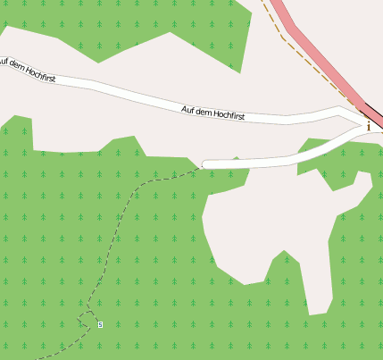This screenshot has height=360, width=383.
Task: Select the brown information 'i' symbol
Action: click(369, 126)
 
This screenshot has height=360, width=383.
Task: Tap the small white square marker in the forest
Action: click(100, 323)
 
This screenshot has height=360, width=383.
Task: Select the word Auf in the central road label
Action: click(187, 110)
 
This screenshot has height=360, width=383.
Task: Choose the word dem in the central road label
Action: click(204, 112)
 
